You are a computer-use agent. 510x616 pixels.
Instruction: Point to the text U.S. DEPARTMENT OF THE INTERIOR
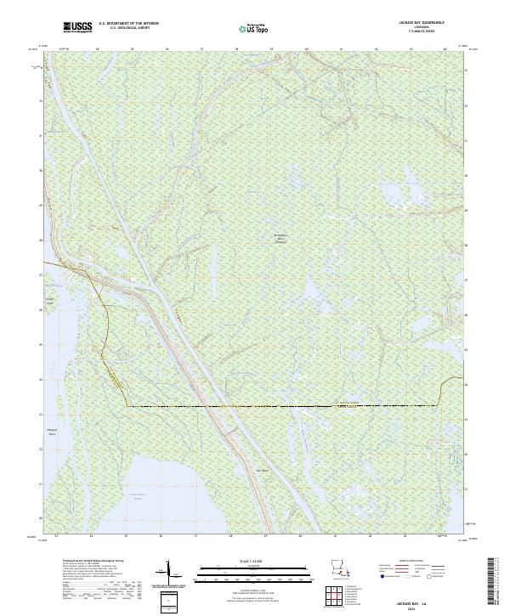coord(128,22)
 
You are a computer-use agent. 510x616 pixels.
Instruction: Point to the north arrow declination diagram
coord(167,573)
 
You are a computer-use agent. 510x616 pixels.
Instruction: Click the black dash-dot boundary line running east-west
coord(280,406)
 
